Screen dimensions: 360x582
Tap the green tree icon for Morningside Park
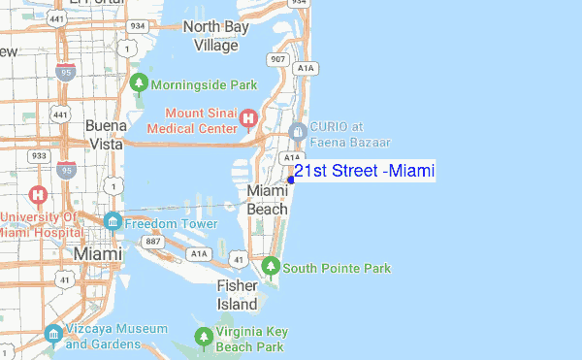click(139, 83)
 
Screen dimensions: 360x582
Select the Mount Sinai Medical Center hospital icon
click(247, 120)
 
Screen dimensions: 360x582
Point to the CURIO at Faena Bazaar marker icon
click(297, 131)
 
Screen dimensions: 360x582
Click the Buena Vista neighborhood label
click(106, 134)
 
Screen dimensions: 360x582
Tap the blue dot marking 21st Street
click(290, 180)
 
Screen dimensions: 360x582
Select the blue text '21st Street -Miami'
click(365, 172)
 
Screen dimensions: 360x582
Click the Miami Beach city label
click(267, 199)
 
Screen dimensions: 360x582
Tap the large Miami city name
click(98, 253)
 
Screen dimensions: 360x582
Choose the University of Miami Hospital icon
click(39, 194)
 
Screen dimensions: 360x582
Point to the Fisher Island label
click(238, 294)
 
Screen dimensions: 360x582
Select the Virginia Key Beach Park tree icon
click(204, 338)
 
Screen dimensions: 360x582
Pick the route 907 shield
click(278, 60)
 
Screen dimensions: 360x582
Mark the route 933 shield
click(37, 155)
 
